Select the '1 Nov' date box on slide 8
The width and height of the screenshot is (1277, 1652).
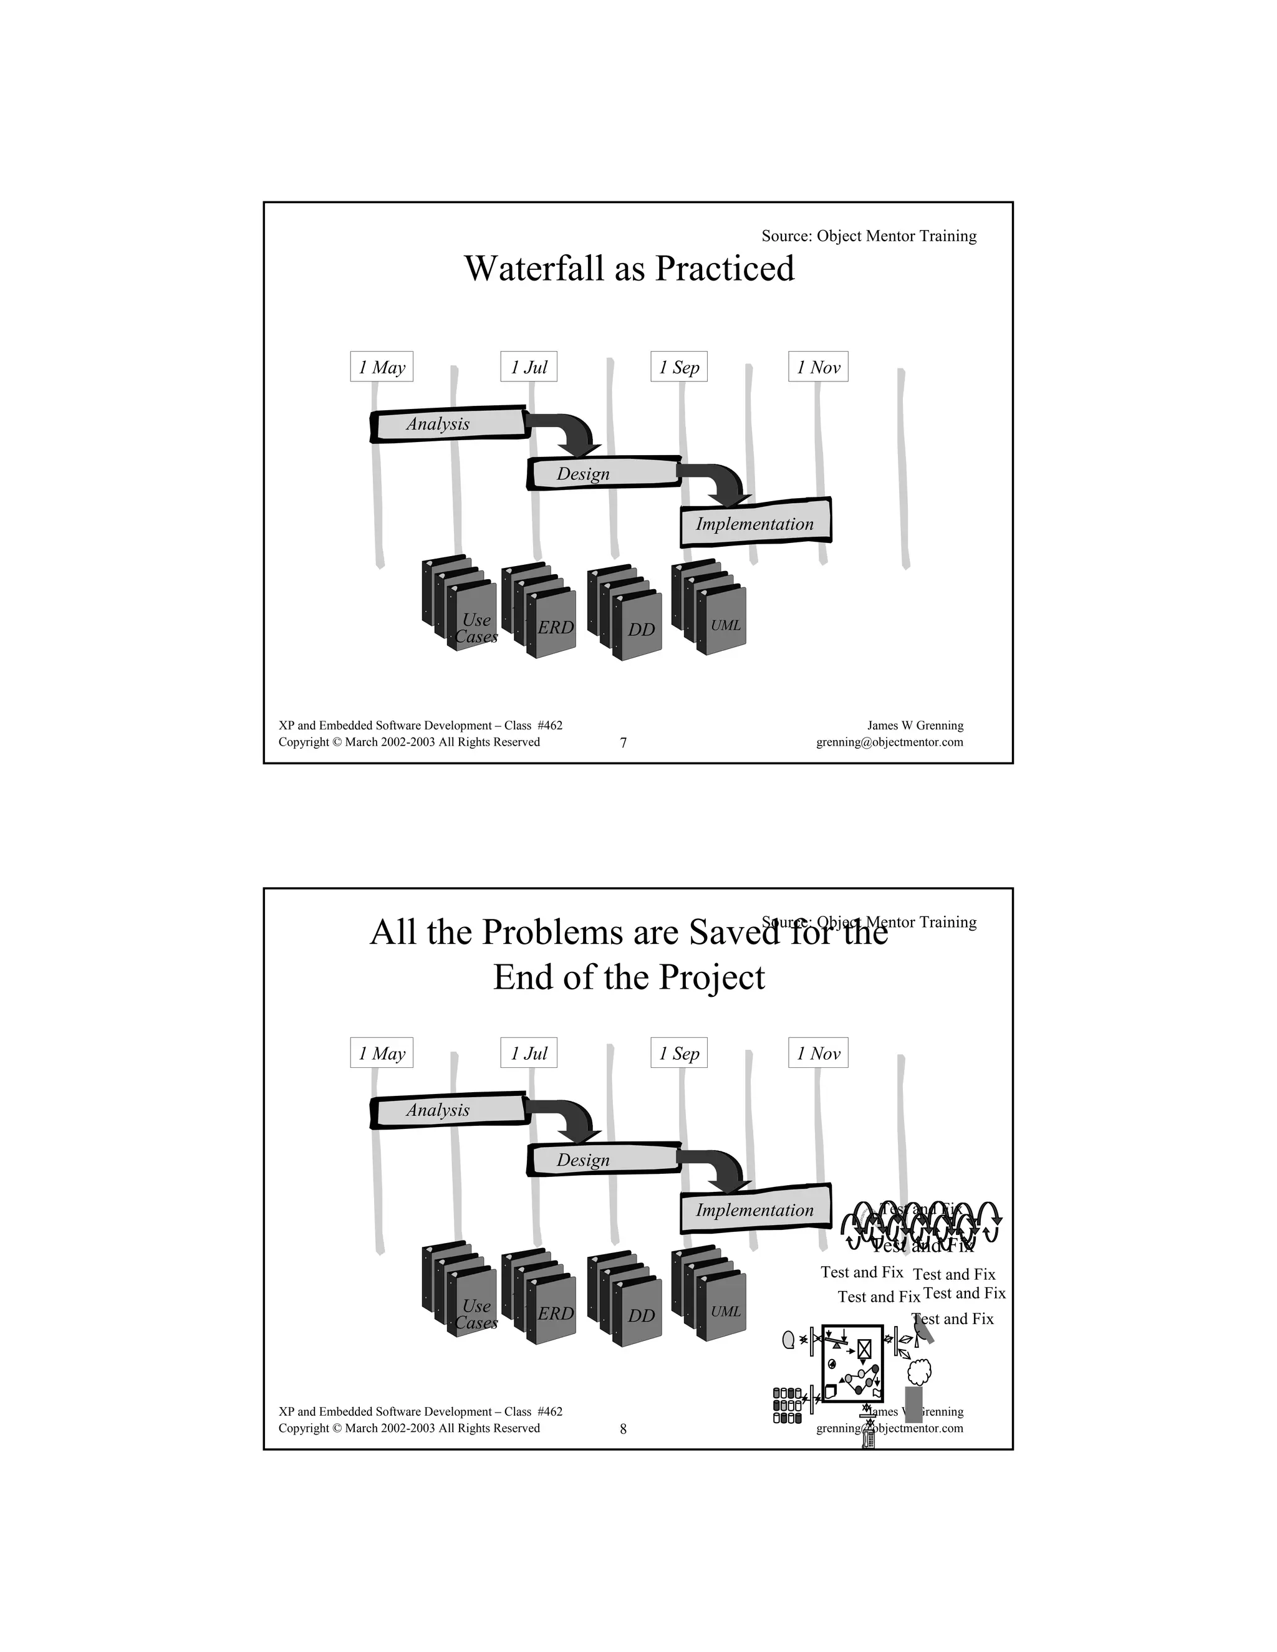pos(818,1053)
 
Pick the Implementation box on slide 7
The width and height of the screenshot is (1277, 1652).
pos(755,524)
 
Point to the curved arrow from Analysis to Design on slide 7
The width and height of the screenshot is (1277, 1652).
pos(574,433)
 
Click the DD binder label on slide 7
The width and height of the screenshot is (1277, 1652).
pos(641,630)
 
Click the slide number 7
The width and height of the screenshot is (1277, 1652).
pos(624,743)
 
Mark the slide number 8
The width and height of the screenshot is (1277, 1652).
pos(624,1429)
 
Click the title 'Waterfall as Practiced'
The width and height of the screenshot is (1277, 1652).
pos(629,269)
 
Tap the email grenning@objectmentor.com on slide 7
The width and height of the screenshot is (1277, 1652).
pos(889,742)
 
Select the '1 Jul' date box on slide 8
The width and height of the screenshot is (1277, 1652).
pos(528,1053)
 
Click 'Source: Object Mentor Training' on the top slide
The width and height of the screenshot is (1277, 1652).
pos(869,236)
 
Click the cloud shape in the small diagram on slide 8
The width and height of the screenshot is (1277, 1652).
pos(918,1369)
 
